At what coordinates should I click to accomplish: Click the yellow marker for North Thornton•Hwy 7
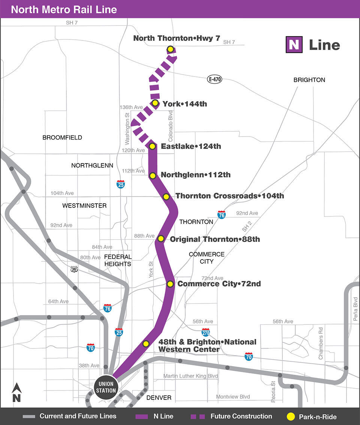(170, 49)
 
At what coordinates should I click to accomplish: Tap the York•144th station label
(184, 104)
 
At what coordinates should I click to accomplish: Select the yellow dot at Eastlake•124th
(152, 146)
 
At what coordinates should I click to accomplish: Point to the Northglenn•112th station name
(195, 175)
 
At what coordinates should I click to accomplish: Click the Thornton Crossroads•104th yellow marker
(166, 197)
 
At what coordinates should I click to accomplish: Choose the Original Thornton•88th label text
(214, 239)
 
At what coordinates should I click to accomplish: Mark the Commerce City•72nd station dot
(170, 284)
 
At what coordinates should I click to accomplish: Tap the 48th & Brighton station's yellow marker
(146, 344)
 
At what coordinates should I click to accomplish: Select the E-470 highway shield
(214, 79)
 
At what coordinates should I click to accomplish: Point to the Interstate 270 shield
(205, 332)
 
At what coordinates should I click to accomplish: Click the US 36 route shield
(74, 269)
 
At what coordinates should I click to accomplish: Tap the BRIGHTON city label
(309, 80)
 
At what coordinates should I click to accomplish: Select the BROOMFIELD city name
(62, 138)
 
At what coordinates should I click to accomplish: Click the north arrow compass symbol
(16, 393)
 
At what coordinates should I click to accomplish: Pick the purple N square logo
(294, 45)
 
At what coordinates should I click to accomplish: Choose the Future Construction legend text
(241, 416)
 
